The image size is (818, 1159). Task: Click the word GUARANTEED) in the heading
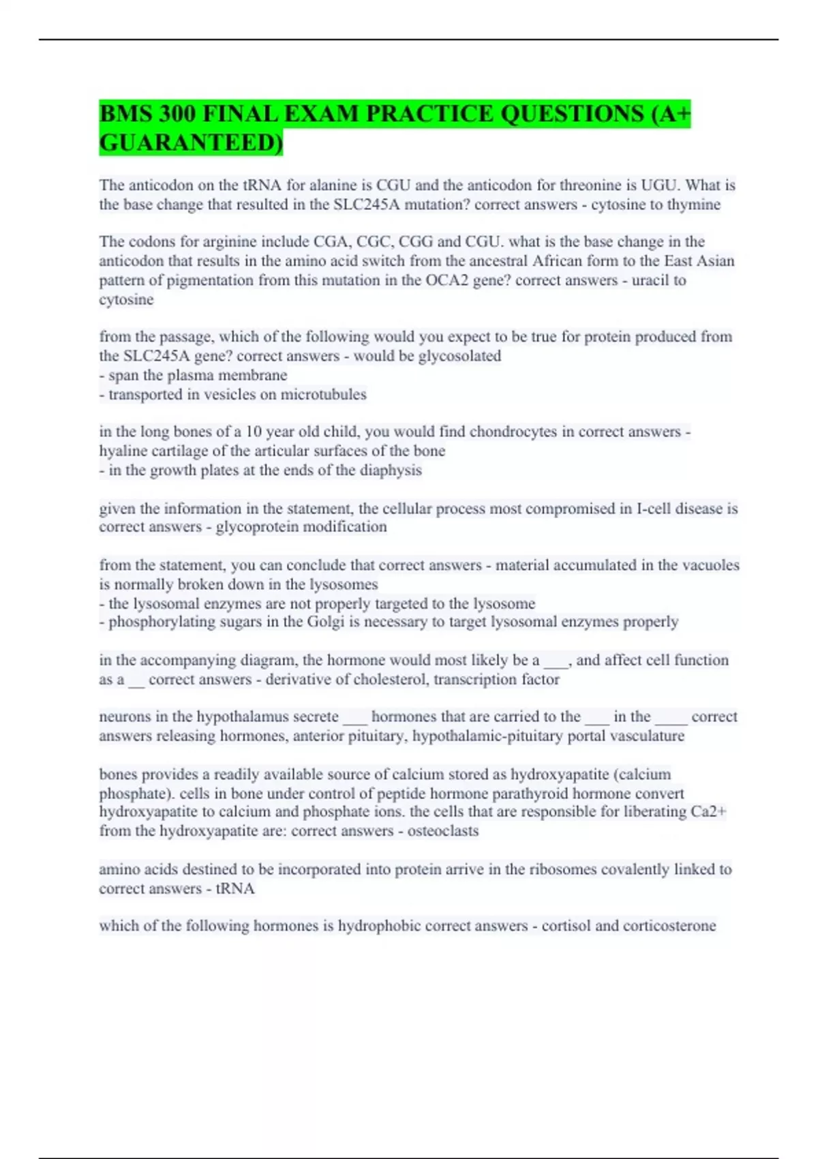click(191, 142)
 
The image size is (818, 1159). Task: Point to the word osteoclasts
click(443, 831)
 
